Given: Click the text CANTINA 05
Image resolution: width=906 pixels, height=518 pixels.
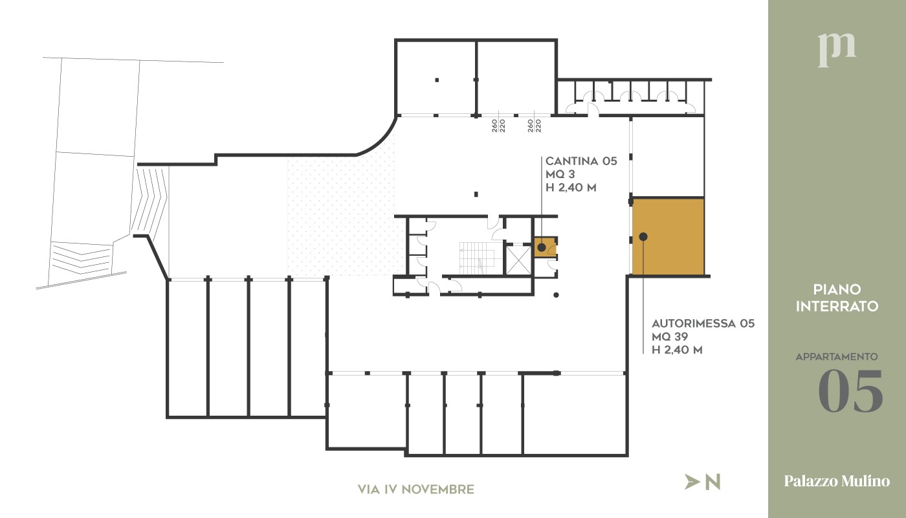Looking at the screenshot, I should [581, 161].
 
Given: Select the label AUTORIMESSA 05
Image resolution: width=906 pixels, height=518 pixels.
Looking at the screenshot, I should [703, 323].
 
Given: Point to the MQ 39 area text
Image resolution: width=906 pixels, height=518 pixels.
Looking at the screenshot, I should [669, 337].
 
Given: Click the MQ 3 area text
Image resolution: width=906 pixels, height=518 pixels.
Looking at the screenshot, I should [560, 175].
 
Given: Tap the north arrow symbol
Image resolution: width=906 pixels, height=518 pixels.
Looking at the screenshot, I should [692, 482].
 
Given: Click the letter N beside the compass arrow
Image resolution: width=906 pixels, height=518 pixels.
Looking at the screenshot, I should [713, 482].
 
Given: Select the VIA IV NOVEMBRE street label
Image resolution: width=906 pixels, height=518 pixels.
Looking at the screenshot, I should [416, 490].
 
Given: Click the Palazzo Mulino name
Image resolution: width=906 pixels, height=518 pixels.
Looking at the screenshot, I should [837, 481].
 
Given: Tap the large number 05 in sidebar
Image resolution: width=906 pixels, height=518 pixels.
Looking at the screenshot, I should [850, 392].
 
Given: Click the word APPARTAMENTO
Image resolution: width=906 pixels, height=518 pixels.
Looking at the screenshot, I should [836, 357].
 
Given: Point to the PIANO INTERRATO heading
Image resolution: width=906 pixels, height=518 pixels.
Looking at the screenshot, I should [837, 298].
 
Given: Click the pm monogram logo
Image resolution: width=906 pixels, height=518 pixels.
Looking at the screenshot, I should [837, 49].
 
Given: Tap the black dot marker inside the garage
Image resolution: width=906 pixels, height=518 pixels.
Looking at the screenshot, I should [643, 237].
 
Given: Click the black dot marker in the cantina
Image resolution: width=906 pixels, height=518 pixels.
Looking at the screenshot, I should [541, 247].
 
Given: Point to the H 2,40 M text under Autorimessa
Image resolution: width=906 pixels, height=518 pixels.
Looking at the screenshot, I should [677, 350].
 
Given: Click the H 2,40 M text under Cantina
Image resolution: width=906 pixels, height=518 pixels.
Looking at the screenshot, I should [571, 188].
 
